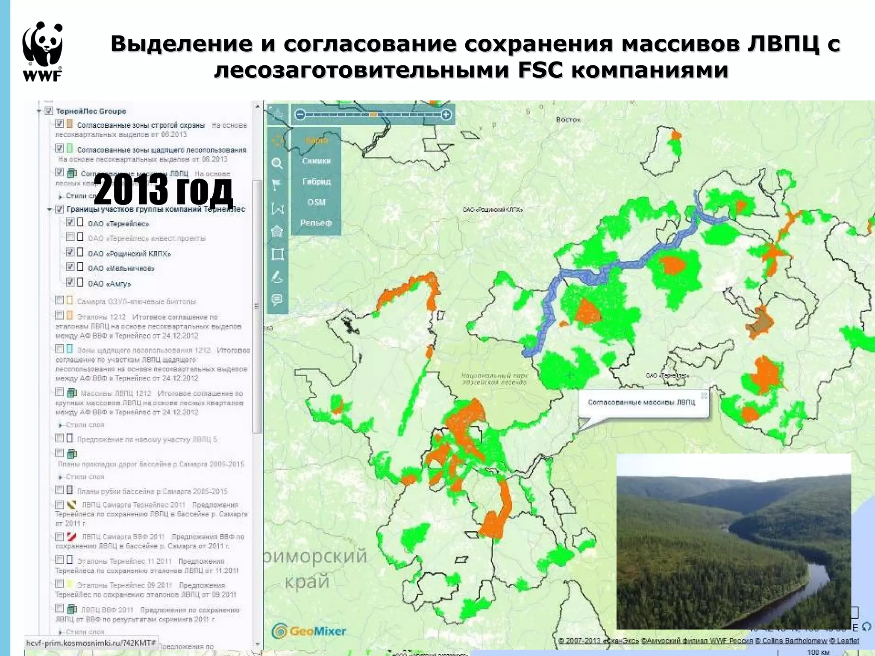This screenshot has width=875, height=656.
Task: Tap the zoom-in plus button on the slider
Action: click(446, 114)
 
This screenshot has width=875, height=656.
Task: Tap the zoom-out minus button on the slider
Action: click(300, 114)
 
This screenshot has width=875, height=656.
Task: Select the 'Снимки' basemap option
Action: click(316, 161)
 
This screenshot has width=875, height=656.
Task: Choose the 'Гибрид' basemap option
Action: click(316, 182)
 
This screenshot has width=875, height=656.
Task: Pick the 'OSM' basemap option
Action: click(316, 202)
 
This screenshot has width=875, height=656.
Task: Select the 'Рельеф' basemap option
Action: click(316, 223)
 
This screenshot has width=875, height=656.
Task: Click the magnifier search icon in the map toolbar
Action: click(277, 163)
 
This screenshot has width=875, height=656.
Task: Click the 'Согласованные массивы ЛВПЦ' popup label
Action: click(641, 402)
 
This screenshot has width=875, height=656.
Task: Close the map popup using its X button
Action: click(704, 395)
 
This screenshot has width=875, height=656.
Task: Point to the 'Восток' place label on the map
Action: click(568, 120)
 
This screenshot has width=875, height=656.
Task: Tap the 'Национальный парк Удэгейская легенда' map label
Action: click(494, 379)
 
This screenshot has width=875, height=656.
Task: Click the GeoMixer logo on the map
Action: click(309, 631)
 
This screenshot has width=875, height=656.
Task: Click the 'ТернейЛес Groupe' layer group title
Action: click(91, 111)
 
